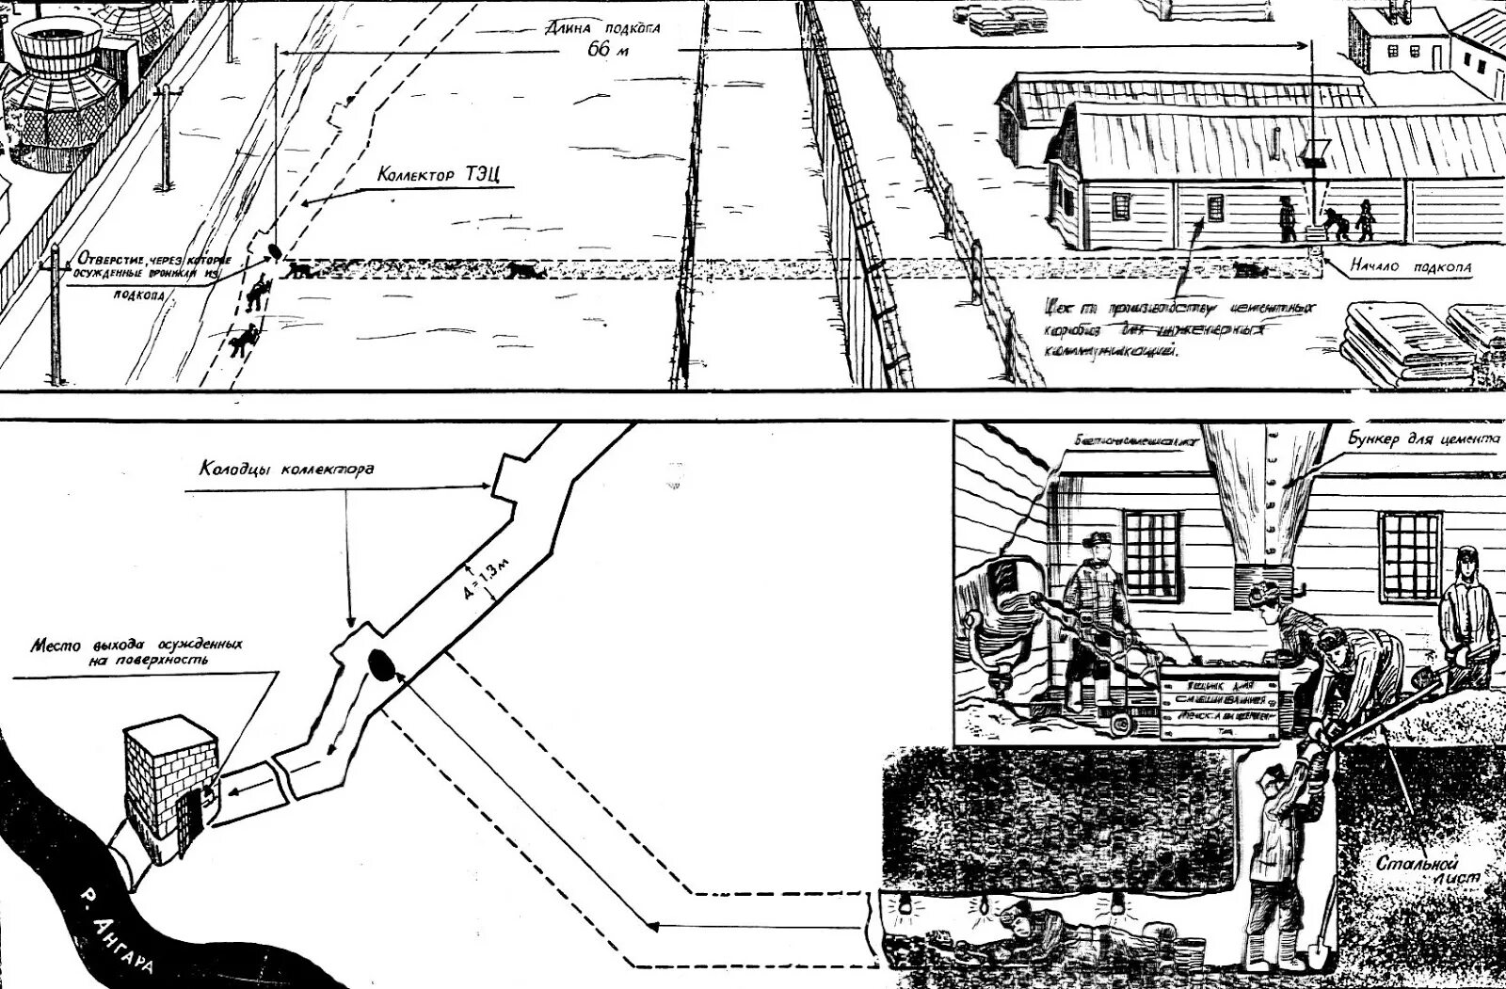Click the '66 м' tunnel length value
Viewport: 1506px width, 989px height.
pyautogui.click(x=607, y=50)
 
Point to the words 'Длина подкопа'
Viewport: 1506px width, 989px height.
pyautogui.click(x=603, y=27)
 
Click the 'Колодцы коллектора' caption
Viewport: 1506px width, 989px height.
pyautogui.click(x=286, y=468)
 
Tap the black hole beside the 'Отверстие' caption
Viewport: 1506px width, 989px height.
pyautogui.click(x=275, y=251)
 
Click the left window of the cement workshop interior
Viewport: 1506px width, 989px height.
pyautogui.click(x=1150, y=554)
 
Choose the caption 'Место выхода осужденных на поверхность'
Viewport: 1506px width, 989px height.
pyautogui.click(x=137, y=652)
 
